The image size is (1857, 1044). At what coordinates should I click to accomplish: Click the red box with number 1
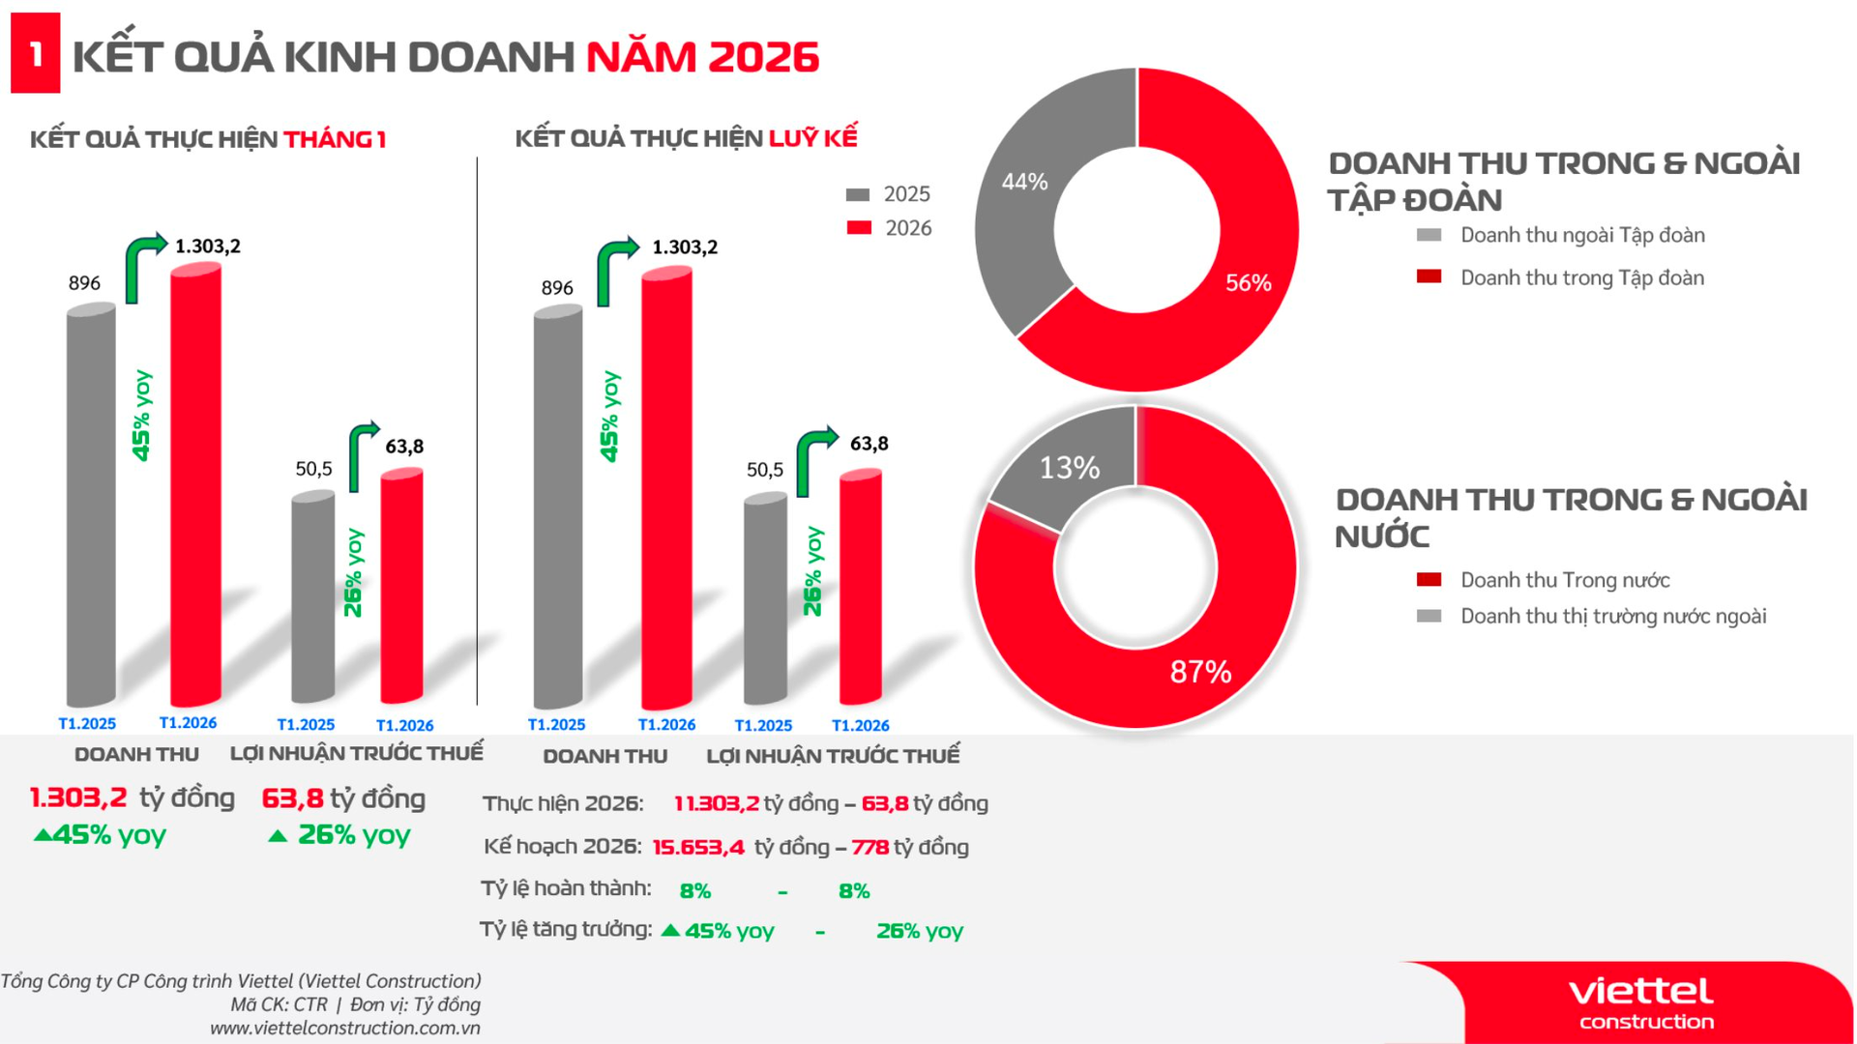pos(35,53)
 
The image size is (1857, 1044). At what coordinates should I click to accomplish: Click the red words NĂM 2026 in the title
pos(702,56)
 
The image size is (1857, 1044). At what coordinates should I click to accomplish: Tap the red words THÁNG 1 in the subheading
pos(335,139)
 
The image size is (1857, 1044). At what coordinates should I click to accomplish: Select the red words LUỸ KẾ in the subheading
pos(812,138)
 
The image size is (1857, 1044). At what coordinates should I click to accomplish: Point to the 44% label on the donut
pos(1024,182)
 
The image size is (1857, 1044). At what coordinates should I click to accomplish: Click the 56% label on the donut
pos(1248,283)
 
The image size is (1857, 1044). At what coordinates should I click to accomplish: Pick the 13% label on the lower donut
pos(1069,468)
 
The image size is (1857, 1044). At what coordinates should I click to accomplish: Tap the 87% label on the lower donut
pos(1200,672)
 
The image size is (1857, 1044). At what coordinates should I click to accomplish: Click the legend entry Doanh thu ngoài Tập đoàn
pos(1581,235)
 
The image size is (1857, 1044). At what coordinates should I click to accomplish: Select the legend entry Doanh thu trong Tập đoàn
pos(1581,278)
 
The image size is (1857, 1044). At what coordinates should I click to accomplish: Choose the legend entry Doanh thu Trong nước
pos(1564,580)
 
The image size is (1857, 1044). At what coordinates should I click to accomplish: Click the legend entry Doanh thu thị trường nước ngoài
pos(1612,617)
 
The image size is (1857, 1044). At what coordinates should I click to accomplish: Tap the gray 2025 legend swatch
pos(858,194)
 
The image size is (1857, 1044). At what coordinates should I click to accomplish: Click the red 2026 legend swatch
pos(858,228)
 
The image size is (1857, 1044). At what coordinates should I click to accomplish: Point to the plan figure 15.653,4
pos(698,848)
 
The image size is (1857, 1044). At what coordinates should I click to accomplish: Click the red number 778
pos(870,848)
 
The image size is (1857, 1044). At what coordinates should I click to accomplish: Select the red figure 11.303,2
pos(716,803)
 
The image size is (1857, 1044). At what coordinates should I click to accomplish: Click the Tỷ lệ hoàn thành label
pos(566,888)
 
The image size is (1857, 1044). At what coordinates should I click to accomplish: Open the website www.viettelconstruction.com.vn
pos(345,1028)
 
